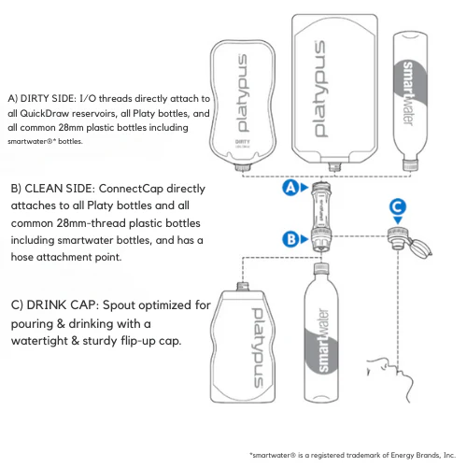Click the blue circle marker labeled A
(x=290, y=187)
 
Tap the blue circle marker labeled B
(x=290, y=238)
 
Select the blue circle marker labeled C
(x=397, y=207)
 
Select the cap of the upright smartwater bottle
(x=318, y=271)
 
